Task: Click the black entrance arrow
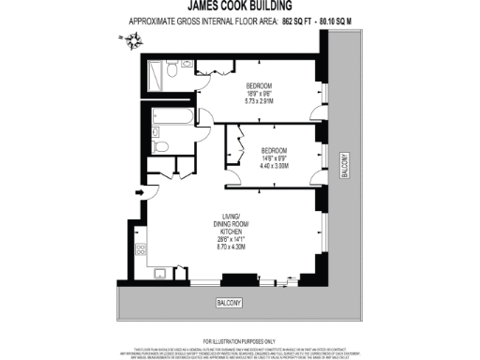pos(140,193)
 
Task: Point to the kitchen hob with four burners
pos(142,248)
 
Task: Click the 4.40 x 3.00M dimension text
pos(274,165)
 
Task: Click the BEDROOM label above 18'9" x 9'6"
pos(252,85)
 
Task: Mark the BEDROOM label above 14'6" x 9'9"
pos(274,150)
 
